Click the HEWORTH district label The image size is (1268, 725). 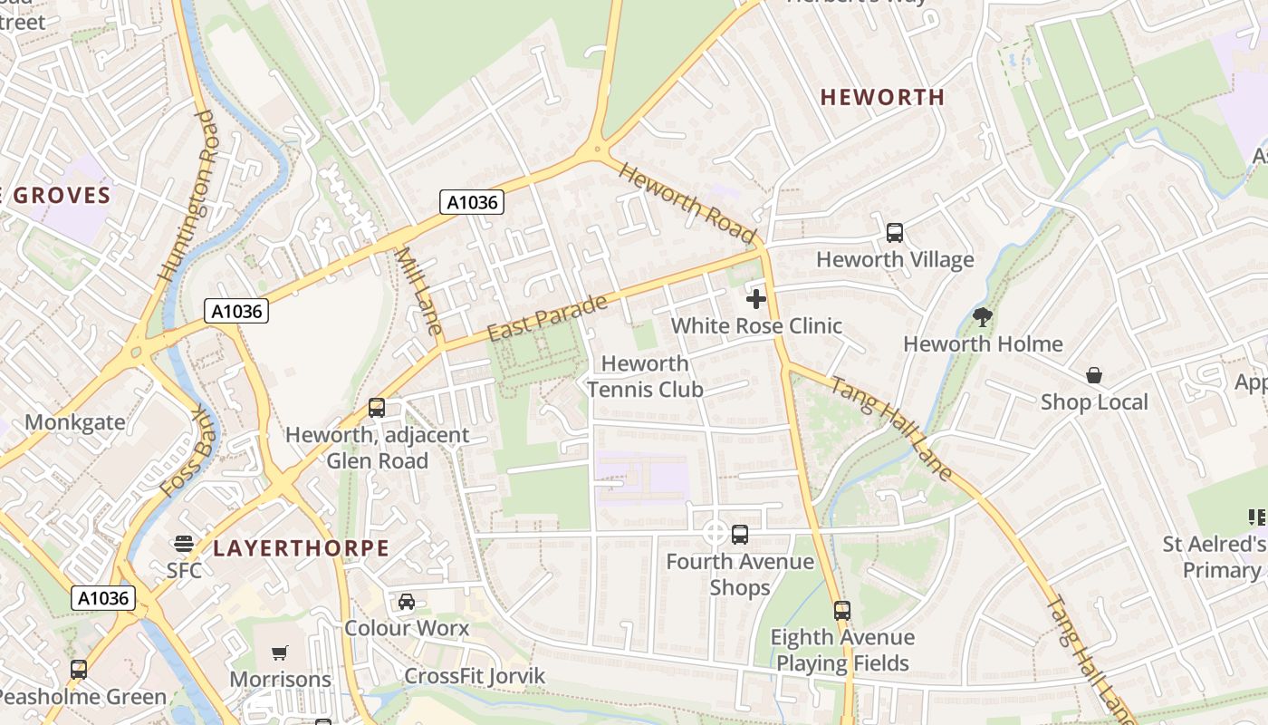pyautogui.click(x=882, y=97)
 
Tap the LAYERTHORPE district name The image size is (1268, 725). pyautogui.click(x=302, y=548)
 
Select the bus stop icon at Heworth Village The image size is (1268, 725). pyautogui.click(x=895, y=233)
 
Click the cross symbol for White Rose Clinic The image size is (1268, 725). pyautogui.click(x=756, y=299)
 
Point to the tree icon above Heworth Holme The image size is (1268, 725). pyautogui.click(x=983, y=317)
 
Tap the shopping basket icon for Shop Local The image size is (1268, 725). pyautogui.click(x=1094, y=375)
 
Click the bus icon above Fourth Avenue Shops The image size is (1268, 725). pyautogui.click(x=740, y=535)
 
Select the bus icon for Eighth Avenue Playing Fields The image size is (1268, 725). pyautogui.click(x=842, y=611)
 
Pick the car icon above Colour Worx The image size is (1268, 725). pyautogui.click(x=407, y=602)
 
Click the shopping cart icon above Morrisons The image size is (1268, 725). pyautogui.click(x=280, y=652)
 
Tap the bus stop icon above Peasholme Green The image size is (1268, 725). pyautogui.click(x=79, y=670)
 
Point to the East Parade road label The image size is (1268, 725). pyautogui.click(x=546, y=318)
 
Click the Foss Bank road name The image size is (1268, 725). pyautogui.click(x=191, y=450)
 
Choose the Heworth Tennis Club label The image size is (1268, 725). pyautogui.click(x=645, y=376)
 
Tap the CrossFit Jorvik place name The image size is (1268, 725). pyautogui.click(x=475, y=676)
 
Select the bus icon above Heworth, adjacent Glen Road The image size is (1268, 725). pyautogui.click(x=377, y=408)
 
